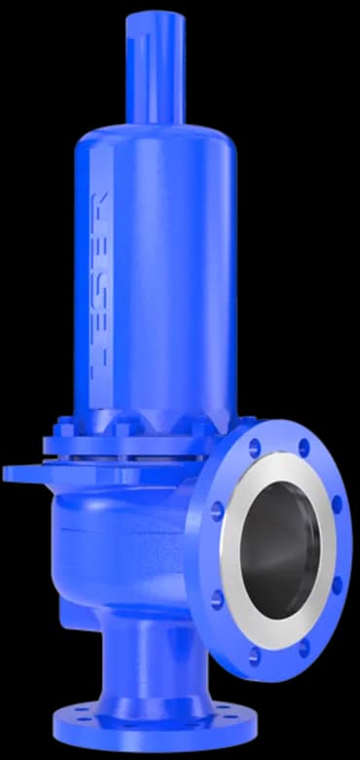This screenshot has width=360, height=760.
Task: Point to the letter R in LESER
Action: point(99,208)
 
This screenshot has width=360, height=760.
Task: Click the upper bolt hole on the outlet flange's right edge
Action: point(337,505)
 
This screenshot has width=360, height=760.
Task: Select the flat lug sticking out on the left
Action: point(24,474)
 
